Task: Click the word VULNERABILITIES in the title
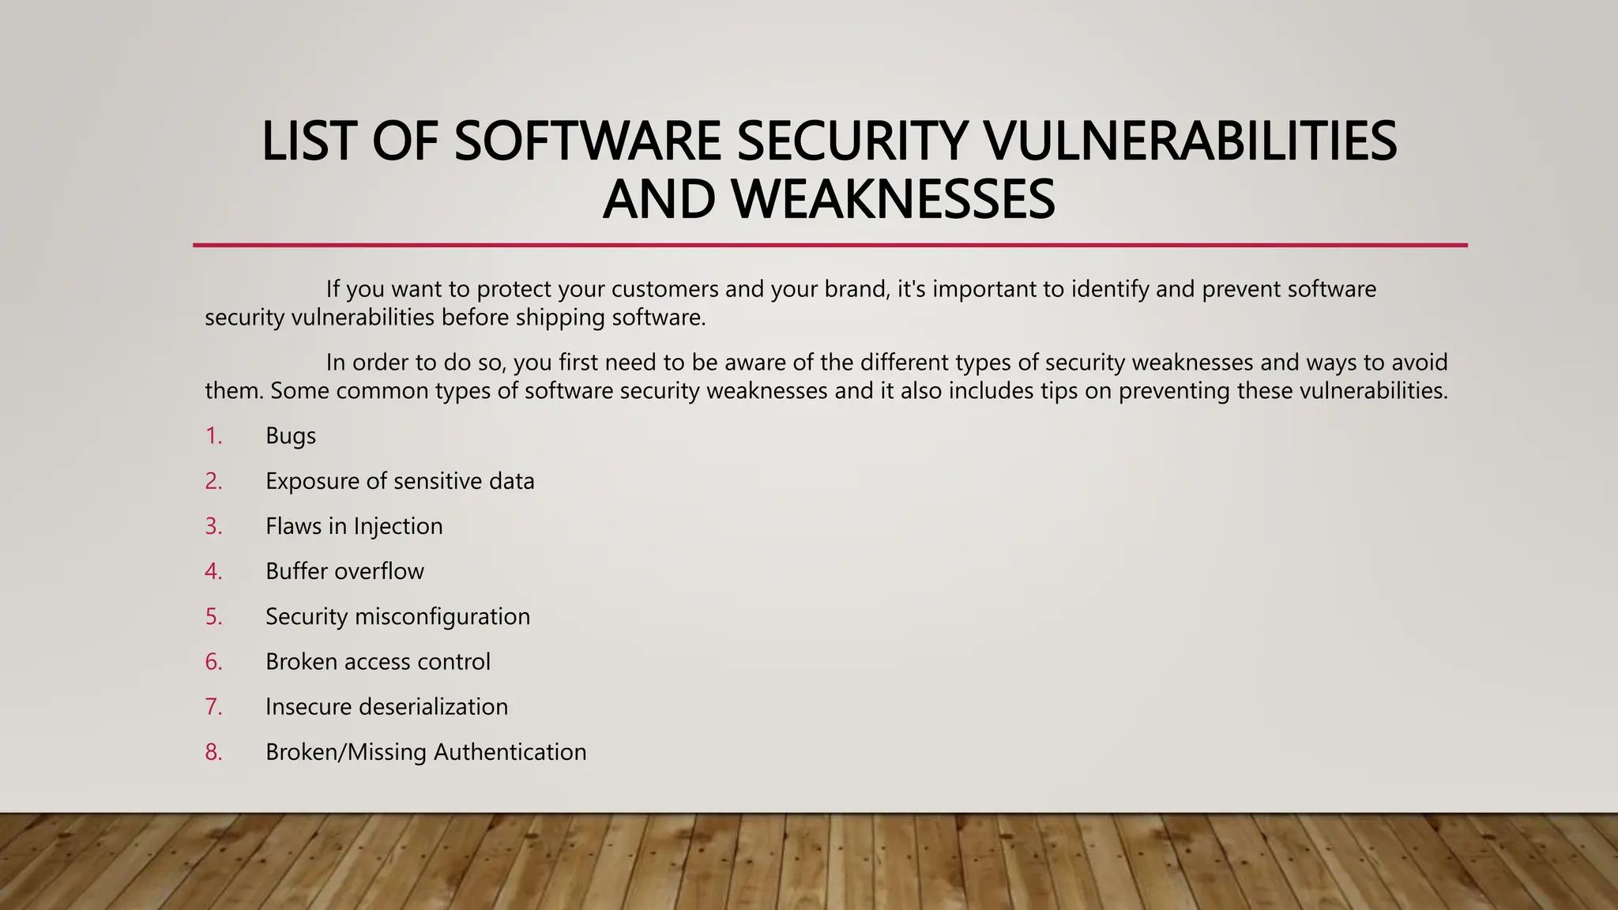pyautogui.click(x=1191, y=141)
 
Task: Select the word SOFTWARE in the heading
pyautogui.click(x=587, y=141)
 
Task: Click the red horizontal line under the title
pyautogui.click(x=830, y=246)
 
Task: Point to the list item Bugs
pyautogui.click(x=291, y=436)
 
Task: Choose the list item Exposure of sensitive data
pyautogui.click(x=400, y=481)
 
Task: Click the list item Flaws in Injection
pyautogui.click(x=354, y=526)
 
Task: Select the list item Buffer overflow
pyautogui.click(x=344, y=571)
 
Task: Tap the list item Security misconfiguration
pyautogui.click(x=397, y=616)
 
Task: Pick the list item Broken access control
pyautogui.click(x=378, y=661)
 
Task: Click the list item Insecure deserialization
pyautogui.click(x=386, y=706)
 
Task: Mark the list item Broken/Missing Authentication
pyautogui.click(x=426, y=751)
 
